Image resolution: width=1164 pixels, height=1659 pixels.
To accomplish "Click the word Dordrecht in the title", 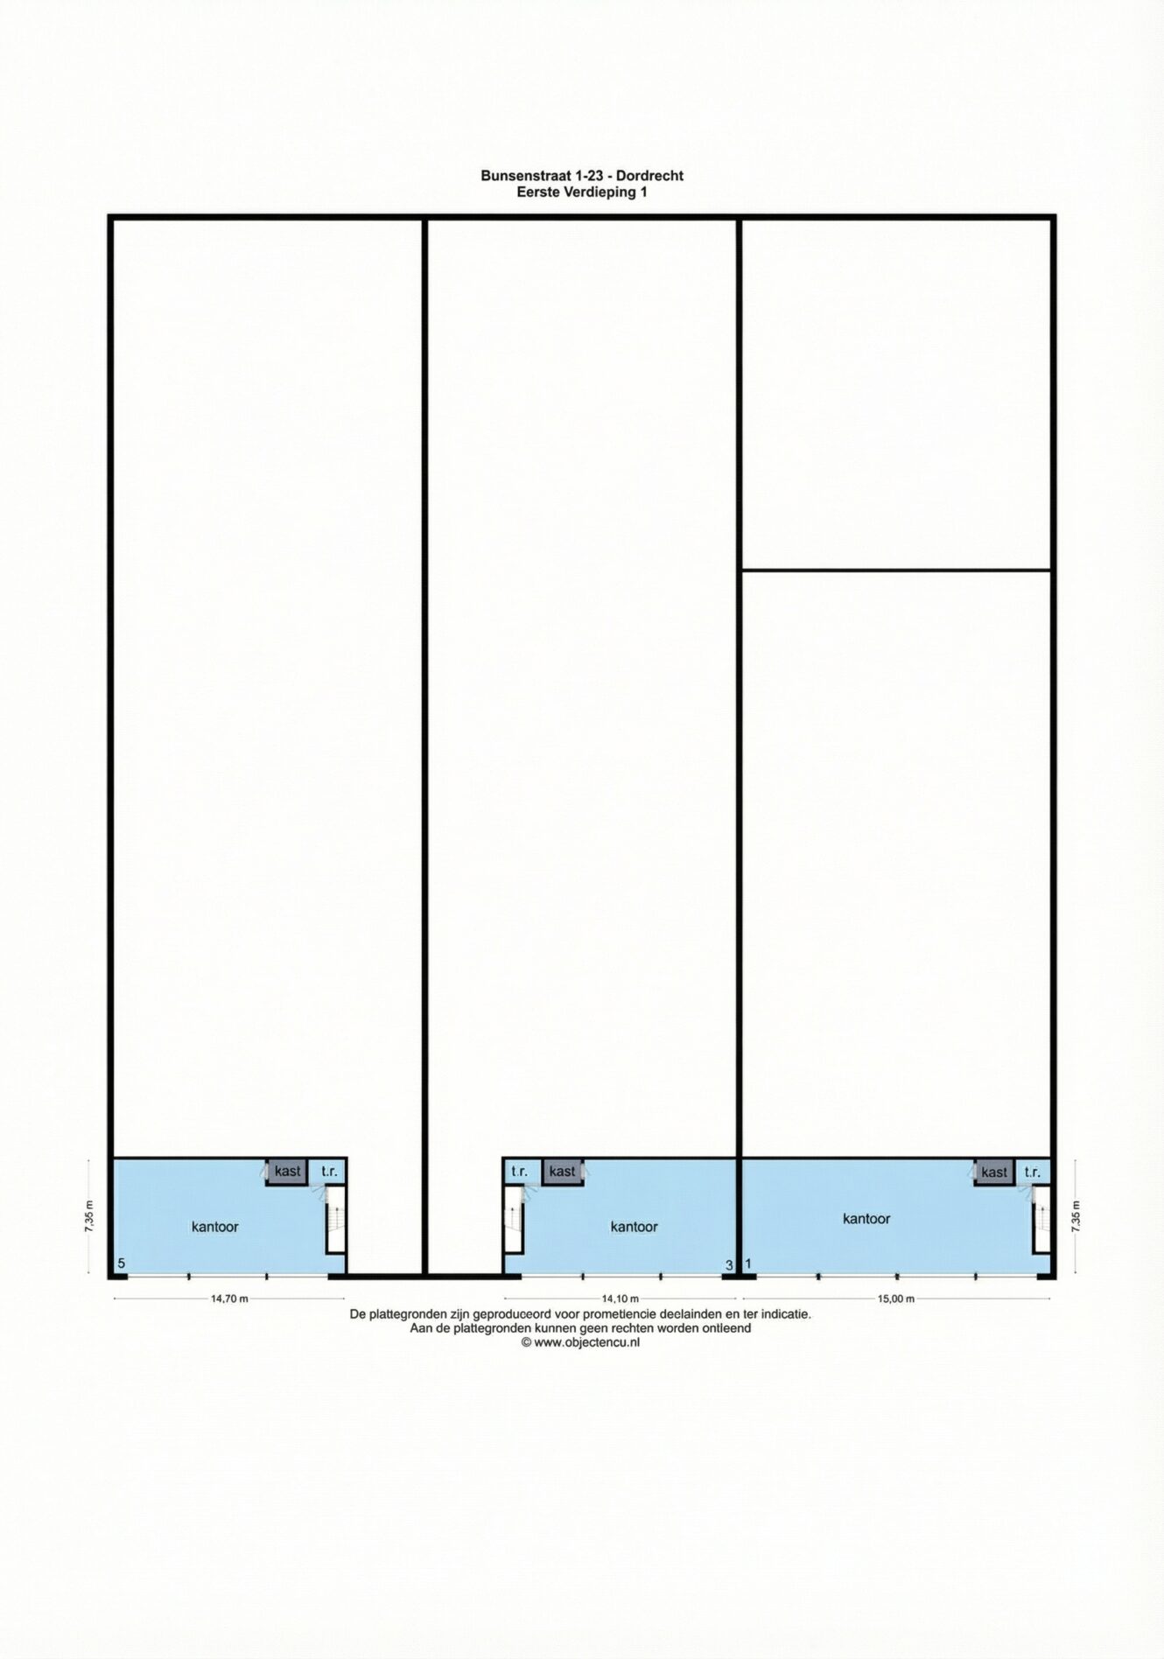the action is (x=649, y=175).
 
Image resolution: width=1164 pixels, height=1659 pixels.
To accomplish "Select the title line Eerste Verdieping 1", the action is (x=582, y=192).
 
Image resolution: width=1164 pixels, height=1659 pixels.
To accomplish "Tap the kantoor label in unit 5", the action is (x=215, y=1227).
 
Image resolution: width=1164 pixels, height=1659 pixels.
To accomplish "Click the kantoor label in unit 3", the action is (x=634, y=1227).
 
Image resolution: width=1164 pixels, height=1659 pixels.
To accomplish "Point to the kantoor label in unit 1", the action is (x=866, y=1218).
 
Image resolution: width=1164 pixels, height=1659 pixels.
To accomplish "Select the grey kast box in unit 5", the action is (x=287, y=1172).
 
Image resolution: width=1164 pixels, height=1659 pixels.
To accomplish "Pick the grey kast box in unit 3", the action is (x=562, y=1172).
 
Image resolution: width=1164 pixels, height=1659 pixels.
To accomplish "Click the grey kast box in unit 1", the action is (x=994, y=1172).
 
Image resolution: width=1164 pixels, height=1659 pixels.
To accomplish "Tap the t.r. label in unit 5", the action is (x=329, y=1172).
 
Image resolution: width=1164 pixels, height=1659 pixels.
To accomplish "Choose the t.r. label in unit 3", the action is (x=520, y=1172).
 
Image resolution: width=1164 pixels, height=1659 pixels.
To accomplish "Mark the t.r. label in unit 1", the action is (x=1033, y=1172).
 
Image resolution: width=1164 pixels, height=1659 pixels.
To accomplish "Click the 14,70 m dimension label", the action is (x=229, y=1298).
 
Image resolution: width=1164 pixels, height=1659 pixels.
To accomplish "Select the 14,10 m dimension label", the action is (x=621, y=1298).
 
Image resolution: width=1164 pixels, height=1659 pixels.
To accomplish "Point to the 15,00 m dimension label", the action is (x=896, y=1298).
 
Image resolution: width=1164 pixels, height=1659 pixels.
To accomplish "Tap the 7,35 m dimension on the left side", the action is (x=88, y=1216).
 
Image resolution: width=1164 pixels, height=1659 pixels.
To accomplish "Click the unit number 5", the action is (x=122, y=1263).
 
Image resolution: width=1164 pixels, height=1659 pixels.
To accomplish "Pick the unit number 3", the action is (x=729, y=1265).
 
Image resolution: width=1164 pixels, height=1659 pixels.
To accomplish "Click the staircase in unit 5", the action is (x=336, y=1219).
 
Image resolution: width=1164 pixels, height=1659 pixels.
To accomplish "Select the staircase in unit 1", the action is (x=1041, y=1219).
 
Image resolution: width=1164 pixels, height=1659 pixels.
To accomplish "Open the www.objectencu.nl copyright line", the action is (x=580, y=1342).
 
